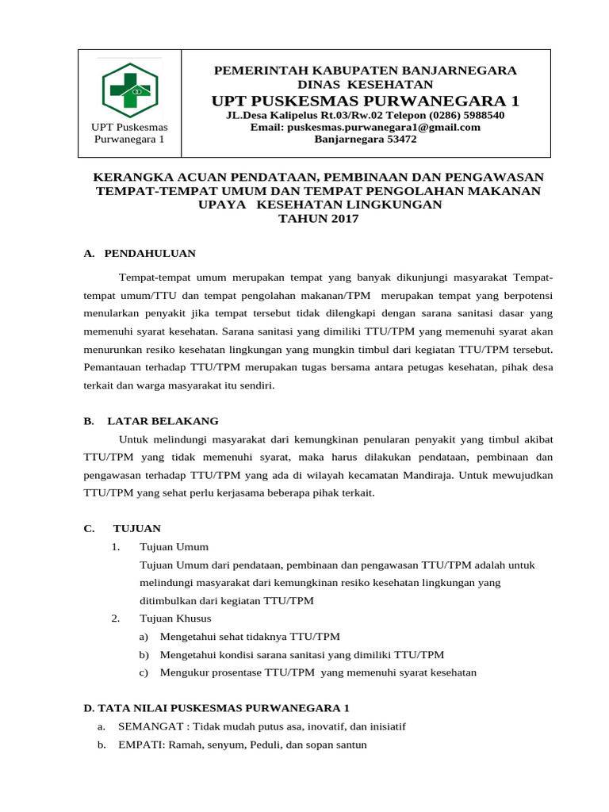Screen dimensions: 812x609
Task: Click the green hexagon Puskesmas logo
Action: click(130, 90)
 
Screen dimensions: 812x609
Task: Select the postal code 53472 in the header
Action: click(399, 139)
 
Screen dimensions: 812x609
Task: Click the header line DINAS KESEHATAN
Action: click(366, 84)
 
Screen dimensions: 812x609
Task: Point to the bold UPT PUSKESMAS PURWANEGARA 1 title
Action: click(366, 101)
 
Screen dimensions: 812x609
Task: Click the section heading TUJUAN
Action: click(137, 528)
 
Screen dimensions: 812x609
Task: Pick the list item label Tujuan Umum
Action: click(174, 546)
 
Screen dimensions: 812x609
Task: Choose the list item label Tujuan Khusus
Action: click(175, 618)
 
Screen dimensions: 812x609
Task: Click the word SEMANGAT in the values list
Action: click(149, 726)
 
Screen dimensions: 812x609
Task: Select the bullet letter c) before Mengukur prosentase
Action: click(144, 672)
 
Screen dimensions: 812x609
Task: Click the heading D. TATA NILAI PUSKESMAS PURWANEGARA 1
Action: click(216, 707)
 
